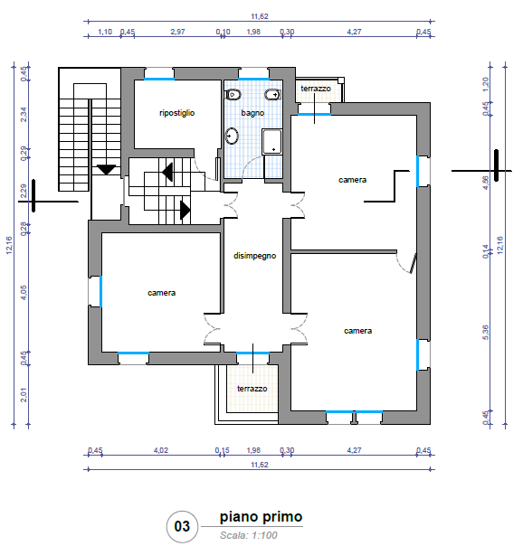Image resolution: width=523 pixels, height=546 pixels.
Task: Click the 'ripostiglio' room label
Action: [176, 113]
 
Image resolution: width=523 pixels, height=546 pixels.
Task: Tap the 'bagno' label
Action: [252, 113]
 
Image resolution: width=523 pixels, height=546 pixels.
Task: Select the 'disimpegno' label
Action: [254, 256]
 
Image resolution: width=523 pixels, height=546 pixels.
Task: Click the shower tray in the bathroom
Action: [271, 141]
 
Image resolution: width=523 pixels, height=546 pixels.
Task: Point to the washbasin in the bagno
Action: [232, 136]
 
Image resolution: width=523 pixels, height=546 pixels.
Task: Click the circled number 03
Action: [182, 526]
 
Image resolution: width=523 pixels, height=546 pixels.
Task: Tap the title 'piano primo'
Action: [261, 517]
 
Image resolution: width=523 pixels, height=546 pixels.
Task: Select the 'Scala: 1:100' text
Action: [249, 535]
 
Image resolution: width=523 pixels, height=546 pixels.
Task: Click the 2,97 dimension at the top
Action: [177, 32]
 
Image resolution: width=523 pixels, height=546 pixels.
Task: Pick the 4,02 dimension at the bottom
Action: [161, 450]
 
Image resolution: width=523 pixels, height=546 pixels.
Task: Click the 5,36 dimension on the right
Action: [486, 333]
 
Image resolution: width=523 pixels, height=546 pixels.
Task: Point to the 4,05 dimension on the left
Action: [23, 293]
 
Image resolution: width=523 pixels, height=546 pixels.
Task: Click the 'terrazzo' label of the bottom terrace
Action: [252, 389]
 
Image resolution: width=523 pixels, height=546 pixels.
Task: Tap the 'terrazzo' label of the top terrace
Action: [316, 89]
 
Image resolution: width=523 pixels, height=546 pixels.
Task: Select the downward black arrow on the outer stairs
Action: [106, 170]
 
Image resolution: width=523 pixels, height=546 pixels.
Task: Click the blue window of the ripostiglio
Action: [159, 79]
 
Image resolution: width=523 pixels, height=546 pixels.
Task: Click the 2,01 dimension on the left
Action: [23, 395]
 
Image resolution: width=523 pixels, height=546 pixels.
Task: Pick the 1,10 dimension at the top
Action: [105, 32]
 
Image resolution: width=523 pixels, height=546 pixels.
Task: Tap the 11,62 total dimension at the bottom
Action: [260, 465]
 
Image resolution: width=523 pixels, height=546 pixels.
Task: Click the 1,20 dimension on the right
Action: [486, 84]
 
